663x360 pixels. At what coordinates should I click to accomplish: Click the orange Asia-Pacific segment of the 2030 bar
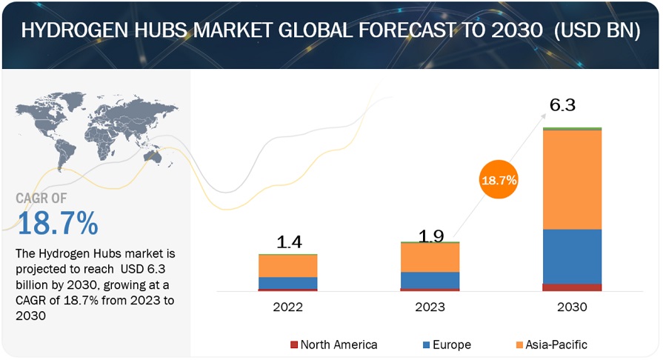pyautogui.click(x=572, y=179)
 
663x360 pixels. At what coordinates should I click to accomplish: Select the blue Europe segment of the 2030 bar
pyautogui.click(x=572, y=256)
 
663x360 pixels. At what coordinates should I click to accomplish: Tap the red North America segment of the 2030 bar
pyautogui.click(x=572, y=287)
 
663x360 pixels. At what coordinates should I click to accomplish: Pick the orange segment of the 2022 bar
pyautogui.click(x=287, y=266)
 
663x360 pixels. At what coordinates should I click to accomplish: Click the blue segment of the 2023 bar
pyautogui.click(x=430, y=280)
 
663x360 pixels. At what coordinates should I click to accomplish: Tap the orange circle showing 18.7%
pyautogui.click(x=499, y=179)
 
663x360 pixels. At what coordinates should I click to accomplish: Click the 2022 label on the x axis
pyautogui.click(x=287, y=307)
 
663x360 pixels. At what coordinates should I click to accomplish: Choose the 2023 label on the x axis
pyautogui.click(x=430, y=307)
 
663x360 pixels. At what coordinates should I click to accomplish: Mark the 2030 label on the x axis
pyautogui.click(x=571, y=307)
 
